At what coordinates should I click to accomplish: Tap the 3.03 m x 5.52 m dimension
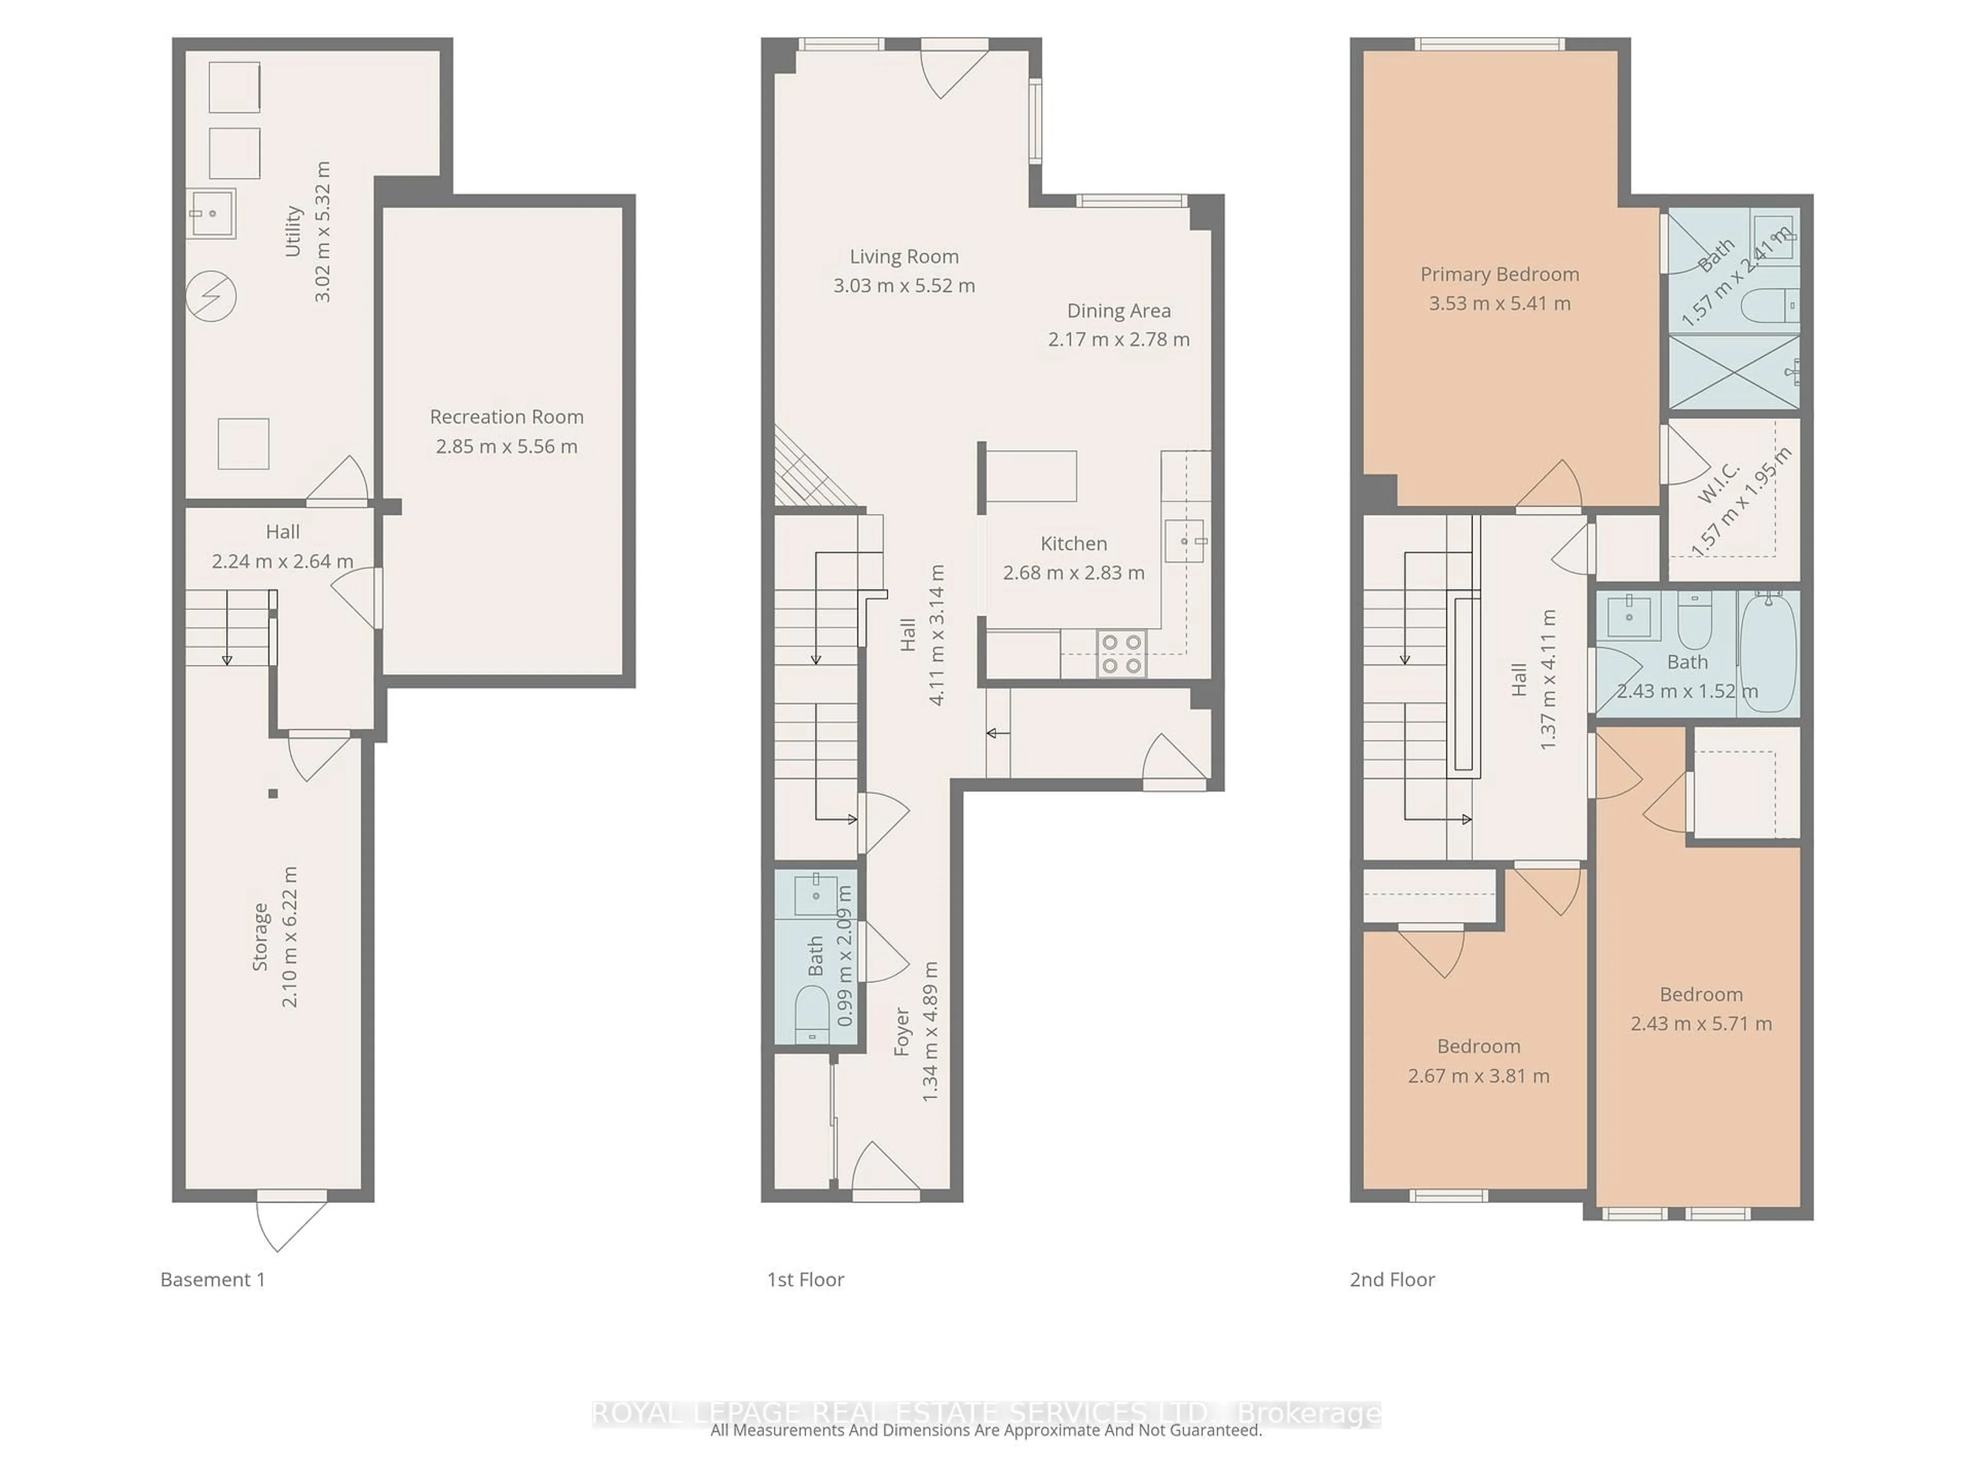904,286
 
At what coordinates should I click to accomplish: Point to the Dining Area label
1119,310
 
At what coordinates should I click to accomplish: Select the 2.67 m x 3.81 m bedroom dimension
1478,1076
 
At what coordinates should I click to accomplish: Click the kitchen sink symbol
1184,541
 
